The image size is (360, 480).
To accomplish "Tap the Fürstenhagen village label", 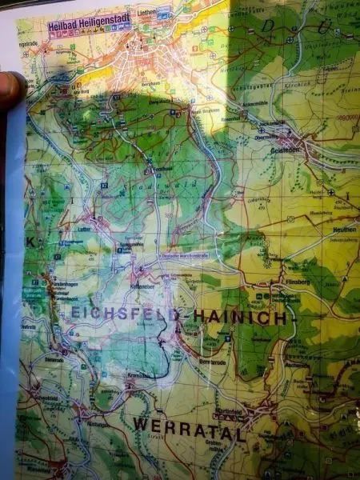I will (x=46, y=284).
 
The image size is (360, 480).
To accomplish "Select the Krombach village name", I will (x=135, y=374).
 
